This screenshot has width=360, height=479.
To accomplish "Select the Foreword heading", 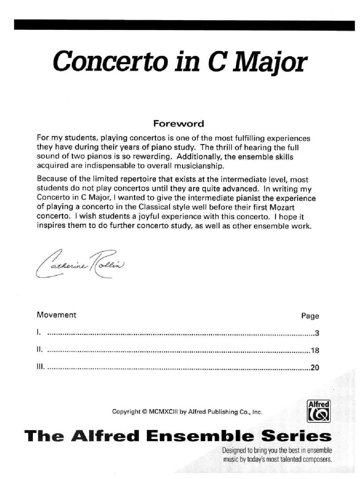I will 178,123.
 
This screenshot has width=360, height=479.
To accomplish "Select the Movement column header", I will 57,315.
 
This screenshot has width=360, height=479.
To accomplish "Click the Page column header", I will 310,316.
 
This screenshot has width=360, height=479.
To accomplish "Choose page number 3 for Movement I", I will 317,334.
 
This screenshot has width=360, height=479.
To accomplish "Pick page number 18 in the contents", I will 315,351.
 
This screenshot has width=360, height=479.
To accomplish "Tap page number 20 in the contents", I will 315,367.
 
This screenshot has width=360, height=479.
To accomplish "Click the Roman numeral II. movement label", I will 39,350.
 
